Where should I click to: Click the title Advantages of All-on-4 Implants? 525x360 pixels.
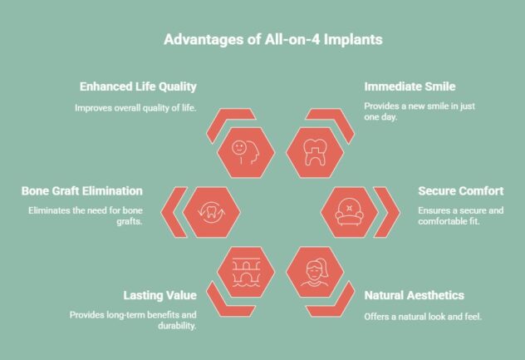coord(262,40)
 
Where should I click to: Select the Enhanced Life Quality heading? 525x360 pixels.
coord(138,86)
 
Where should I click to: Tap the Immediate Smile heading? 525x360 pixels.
coord(409,86)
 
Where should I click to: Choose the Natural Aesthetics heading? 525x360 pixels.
coord(415,295)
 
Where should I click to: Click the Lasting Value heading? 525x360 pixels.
coord(159,295)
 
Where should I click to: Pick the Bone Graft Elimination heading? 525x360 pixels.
coord(82,191)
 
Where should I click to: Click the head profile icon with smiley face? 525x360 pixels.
coord(240,151)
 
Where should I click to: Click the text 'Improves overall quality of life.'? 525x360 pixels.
coord(135,107)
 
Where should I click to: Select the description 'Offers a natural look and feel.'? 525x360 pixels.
coord(424,317)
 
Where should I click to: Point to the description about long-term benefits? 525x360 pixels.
coord(133,322)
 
